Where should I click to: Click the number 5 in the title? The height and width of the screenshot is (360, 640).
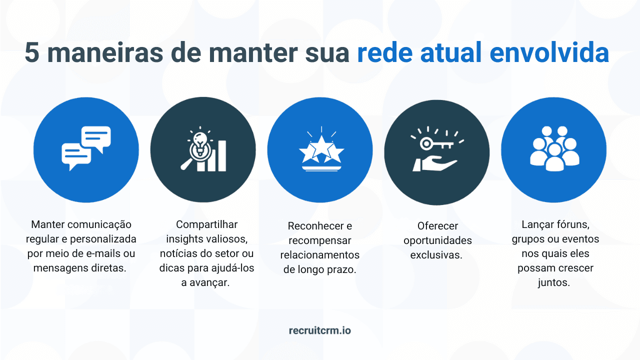coord(32,53)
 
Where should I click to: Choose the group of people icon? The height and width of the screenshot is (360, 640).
coord(554,148)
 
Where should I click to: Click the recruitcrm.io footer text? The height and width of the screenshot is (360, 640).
coord(320,330)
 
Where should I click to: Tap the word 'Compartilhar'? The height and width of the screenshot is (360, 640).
coord(206,224)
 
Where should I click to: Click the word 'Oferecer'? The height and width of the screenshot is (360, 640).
coord(437,226)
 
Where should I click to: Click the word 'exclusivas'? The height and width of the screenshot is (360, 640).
coord(436,255)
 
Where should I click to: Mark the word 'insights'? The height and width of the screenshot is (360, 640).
coord(183,239)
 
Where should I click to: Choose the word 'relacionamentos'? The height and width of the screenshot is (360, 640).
coord(319,255)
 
